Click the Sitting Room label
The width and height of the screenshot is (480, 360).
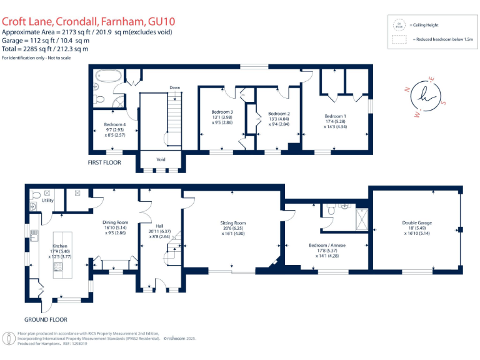coord(232,222)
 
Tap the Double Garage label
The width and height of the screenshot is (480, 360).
coord(416,222)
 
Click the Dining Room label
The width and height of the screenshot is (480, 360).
coord(115,222)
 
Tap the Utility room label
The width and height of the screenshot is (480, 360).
coord(47,201)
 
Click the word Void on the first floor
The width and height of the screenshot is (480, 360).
coord(161,159)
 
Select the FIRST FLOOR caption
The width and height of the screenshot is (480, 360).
coord(104,162)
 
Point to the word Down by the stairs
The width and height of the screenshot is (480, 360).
coord(174,87)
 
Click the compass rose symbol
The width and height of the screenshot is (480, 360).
coord(425,97)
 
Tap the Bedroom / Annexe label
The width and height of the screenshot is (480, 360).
coord(327,246)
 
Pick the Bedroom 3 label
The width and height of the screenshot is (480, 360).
coord(222,112)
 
